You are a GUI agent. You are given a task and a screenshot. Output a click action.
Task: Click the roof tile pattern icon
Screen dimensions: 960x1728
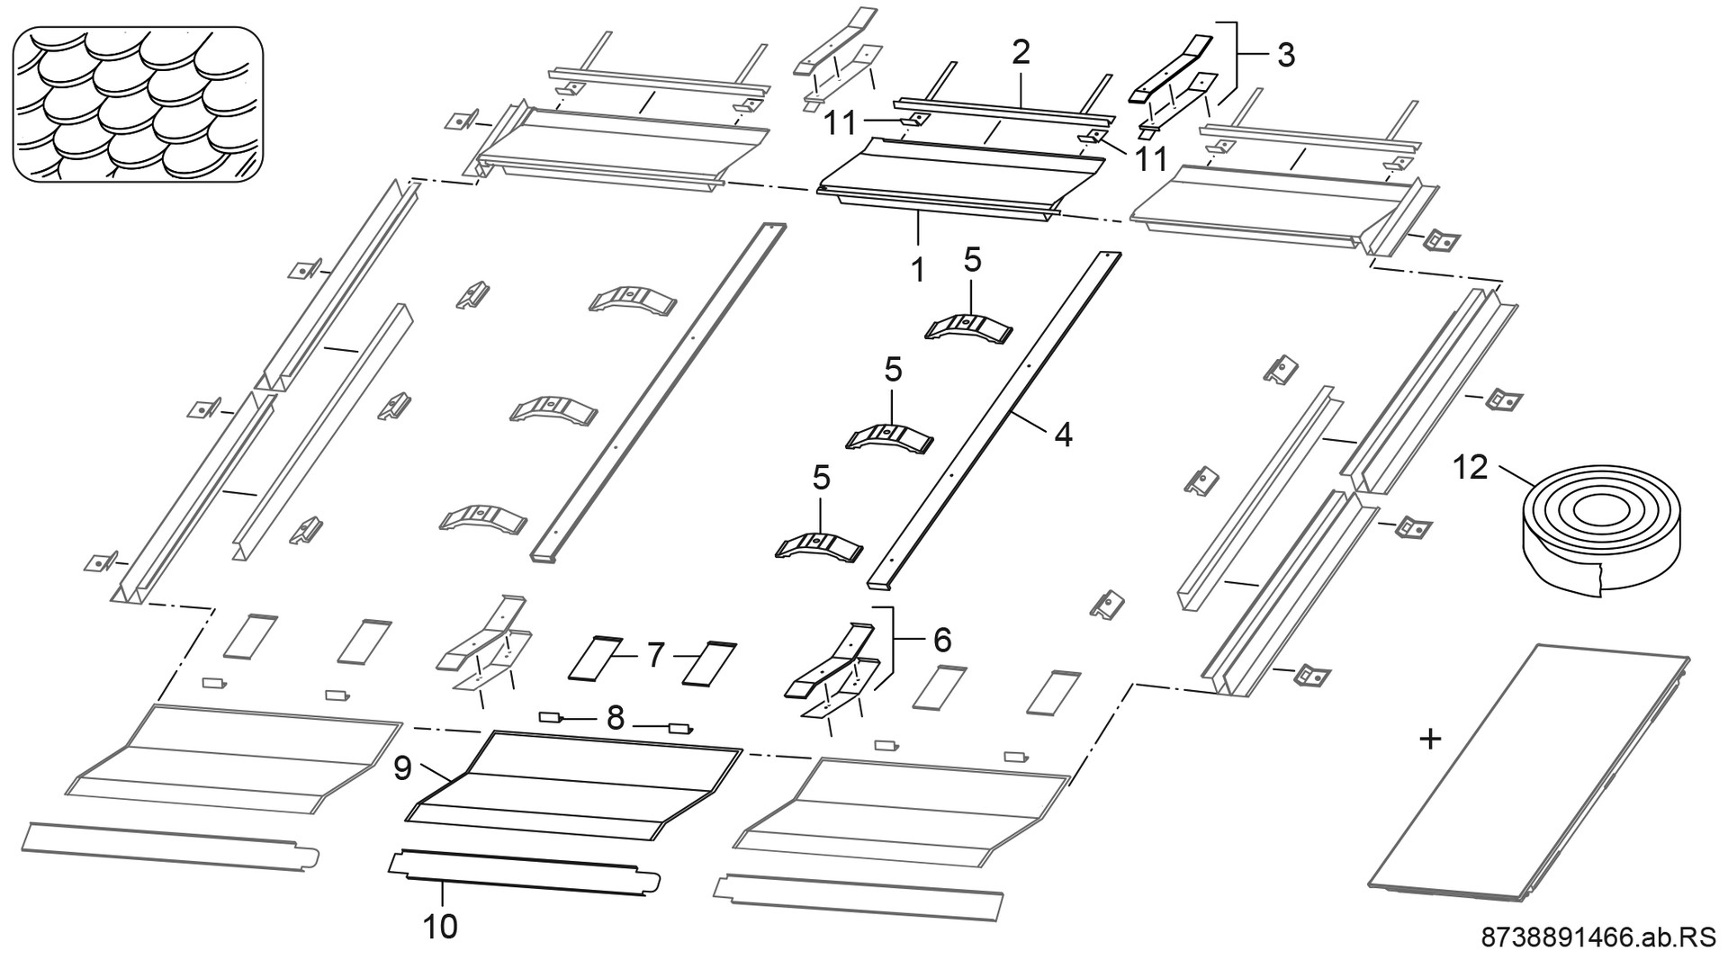138,103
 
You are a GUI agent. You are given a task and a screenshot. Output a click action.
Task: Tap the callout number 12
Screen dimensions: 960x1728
1471,468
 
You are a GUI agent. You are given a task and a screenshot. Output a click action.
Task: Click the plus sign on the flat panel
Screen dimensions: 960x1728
1429,740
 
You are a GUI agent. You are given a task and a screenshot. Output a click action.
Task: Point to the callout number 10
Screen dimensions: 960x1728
441,926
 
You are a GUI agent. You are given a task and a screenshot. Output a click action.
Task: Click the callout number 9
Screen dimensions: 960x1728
402,767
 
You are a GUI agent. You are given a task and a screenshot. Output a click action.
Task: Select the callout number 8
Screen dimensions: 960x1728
616,718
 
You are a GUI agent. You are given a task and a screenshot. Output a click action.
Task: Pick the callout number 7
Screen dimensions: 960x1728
655,656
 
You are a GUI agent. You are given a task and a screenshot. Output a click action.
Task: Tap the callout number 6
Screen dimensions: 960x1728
941,640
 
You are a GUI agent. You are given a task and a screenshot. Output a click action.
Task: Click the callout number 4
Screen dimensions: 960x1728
1063,435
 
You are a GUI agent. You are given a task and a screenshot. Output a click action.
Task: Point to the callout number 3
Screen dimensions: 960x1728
1285,55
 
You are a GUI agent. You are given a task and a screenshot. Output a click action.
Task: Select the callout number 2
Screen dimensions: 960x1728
1020,52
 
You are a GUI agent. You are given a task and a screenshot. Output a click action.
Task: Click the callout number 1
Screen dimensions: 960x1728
918,269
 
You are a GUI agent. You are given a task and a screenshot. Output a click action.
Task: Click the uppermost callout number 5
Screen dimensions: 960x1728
972,260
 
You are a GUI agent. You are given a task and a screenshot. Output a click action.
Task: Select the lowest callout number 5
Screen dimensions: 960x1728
821,478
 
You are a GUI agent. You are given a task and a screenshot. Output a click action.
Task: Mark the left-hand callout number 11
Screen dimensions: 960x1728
841,122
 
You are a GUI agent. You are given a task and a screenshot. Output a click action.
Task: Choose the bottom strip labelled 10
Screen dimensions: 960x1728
522,872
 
